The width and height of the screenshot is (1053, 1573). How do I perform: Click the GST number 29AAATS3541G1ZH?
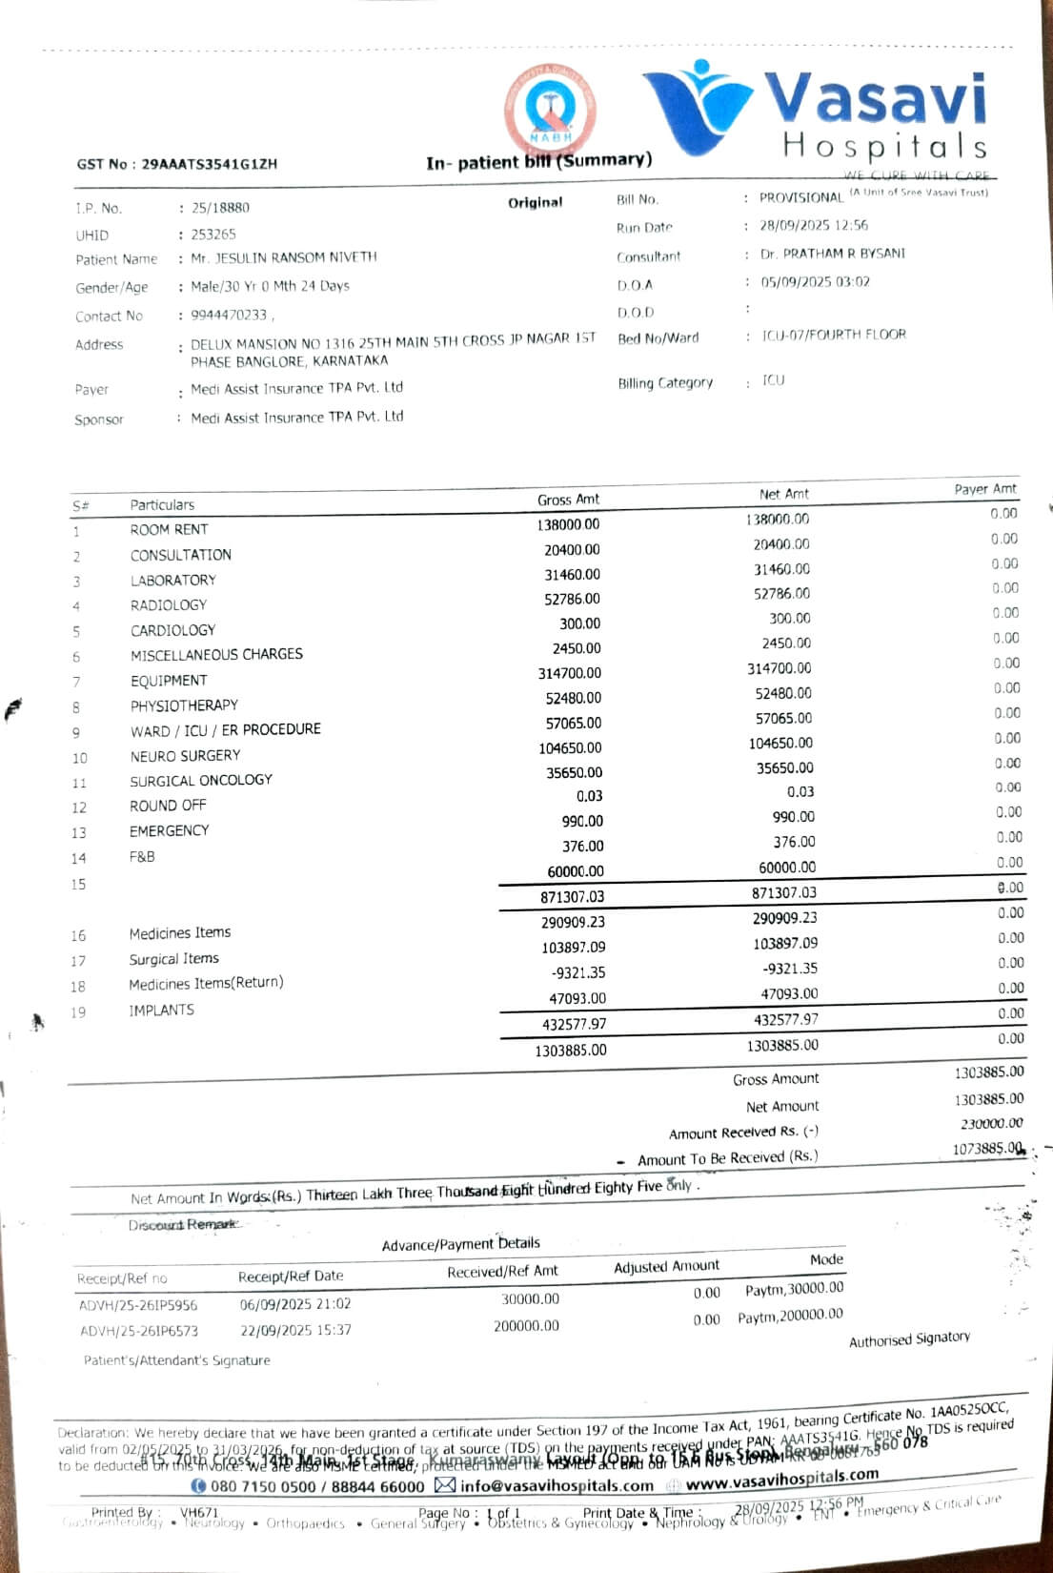click(x=210, y=164)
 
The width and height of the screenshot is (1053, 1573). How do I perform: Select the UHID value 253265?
click(x=213, y=234)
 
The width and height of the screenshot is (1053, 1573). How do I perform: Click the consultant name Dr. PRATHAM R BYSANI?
click(x=832, y=255)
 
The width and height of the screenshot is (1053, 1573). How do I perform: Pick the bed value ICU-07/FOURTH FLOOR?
click(x=834, y=335)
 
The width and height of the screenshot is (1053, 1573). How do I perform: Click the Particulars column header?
click(x=162, y=504)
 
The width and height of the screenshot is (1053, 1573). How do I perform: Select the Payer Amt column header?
click(x=985, y=489)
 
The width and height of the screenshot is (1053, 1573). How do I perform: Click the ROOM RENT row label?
click(x=169, y=529)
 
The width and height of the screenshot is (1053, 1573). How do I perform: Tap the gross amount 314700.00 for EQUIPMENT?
click(x=570, y=673)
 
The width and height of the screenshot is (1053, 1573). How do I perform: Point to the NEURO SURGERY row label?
click(x=185, y=755)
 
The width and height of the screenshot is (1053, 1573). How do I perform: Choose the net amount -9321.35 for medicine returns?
click(x=790, y=969)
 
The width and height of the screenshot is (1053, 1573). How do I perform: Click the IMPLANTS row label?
click(x=161, y=1010)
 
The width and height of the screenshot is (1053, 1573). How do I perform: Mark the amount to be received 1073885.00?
click(x=987, y=1149)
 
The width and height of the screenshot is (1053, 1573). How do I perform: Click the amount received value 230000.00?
click(x=992, y=1124)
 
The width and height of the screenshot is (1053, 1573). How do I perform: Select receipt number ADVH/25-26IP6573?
click(x=139, y=1331)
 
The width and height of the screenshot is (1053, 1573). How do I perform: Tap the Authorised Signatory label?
click(x=909, y=1339)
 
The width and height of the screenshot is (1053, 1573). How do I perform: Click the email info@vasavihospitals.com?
click(x=557, y=1485)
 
